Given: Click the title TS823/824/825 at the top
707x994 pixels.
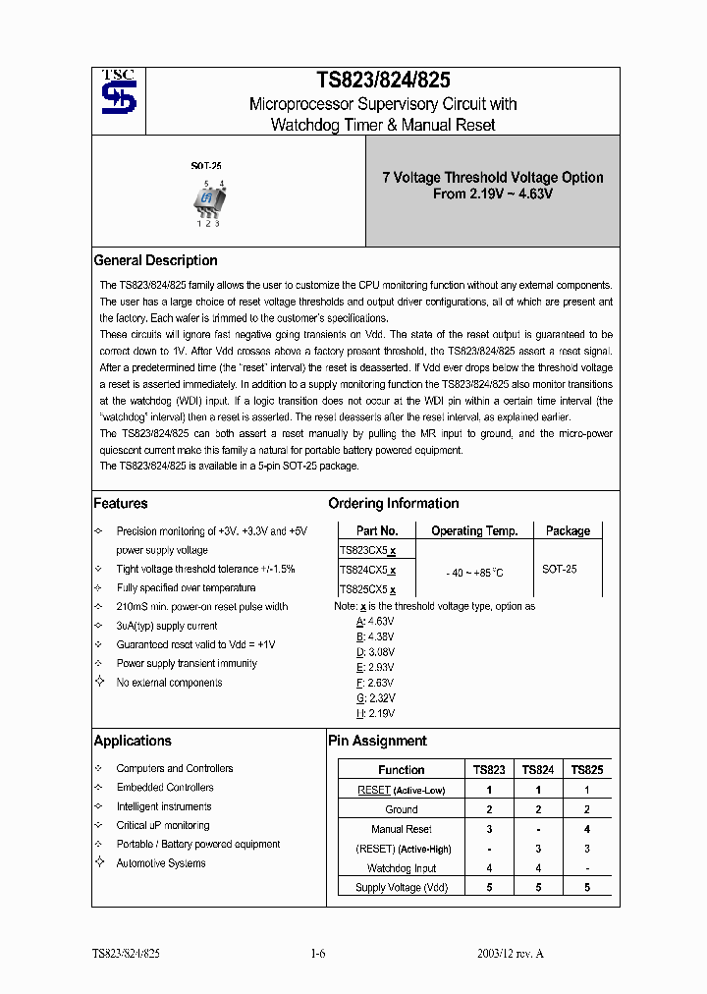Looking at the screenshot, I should point(383,81).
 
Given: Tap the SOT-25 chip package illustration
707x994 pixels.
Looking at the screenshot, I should point(208,199).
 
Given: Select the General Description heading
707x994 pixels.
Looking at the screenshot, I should point(155,260).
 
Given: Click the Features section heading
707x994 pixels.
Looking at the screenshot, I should point(121,503).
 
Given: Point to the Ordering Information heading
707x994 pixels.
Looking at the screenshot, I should point(393,503).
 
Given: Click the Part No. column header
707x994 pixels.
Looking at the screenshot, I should point(377,530).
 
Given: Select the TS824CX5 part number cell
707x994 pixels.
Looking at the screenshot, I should point(367,570).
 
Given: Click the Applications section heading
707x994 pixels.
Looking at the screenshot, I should point(133,741).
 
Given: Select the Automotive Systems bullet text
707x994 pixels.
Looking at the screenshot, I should point(161,863).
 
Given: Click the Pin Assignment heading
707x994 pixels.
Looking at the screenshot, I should point(377,741).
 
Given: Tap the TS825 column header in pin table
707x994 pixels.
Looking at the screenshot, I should point(586,770).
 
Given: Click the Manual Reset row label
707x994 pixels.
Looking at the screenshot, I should point(401,829).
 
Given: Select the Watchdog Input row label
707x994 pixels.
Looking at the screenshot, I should point(401,868).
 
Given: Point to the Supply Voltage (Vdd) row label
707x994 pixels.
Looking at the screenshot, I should point(401,888).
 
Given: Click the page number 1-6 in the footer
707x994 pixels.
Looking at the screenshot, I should point(317,954).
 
